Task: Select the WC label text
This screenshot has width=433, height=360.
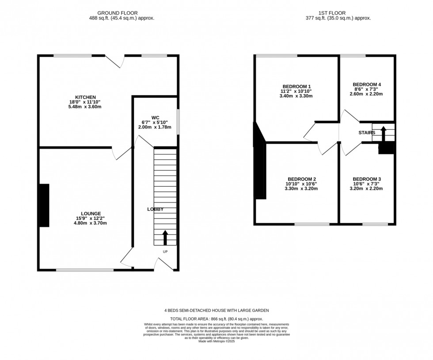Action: (155, 118)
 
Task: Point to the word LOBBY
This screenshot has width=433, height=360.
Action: (155, 209)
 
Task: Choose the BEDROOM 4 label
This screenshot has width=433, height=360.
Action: (366, 84)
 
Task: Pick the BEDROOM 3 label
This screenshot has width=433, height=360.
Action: (366, 179)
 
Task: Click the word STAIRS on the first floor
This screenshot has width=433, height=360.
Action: (366, 132)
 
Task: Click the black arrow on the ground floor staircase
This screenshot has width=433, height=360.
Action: (165, 237)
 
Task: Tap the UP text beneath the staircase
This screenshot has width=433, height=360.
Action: (165, 252)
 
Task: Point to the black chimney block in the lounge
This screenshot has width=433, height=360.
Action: (44, 206)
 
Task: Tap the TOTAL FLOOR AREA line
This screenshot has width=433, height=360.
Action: (216, 318)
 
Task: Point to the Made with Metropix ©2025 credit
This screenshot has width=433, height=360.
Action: (216, 341)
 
